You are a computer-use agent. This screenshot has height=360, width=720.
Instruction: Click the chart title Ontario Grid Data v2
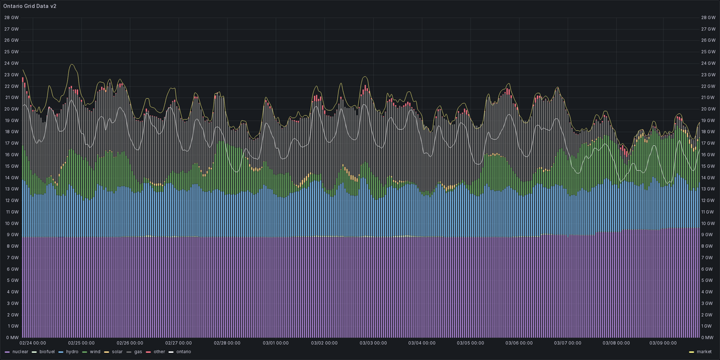click(30, 5)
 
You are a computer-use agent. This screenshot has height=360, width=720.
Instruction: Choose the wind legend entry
click(94, 352)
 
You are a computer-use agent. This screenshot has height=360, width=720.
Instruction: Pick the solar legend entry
click(116, 352)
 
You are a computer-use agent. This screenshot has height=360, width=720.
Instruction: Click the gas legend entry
click(138, 352)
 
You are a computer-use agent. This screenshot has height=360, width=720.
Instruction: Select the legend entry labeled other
click(159, 352)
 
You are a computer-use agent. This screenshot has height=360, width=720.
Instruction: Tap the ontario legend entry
click(183, 352)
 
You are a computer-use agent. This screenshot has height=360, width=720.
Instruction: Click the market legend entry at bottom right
click(703, 352)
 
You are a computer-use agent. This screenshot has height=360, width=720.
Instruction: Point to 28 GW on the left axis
click(11, 17)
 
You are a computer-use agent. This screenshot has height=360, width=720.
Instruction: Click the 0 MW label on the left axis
click(11, 337)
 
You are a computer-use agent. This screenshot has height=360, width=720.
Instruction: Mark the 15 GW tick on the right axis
click(709, 166)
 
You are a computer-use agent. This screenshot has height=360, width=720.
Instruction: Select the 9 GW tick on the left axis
click(12, 235)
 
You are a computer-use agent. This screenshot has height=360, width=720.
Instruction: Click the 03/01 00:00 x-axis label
click(276, 344)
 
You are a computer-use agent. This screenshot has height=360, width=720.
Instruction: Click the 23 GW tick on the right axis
click(709, 74)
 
